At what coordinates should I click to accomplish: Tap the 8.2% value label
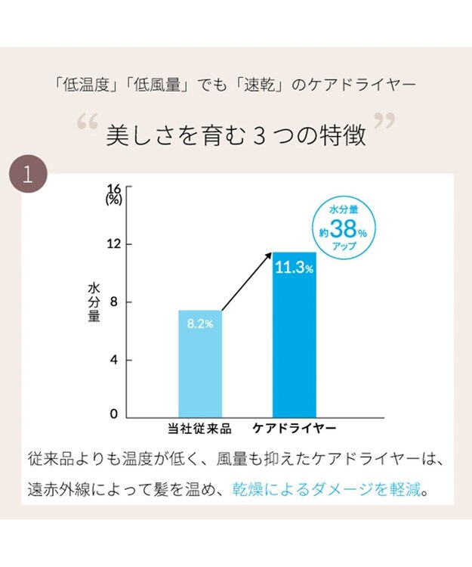pos(200,324)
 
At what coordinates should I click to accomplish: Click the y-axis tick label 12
pos(114,245)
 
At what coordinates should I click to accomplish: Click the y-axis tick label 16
pos(114,189)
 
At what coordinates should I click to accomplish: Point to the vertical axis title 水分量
pos(94,302)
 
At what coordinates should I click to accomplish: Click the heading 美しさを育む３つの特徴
pos(236,135)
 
